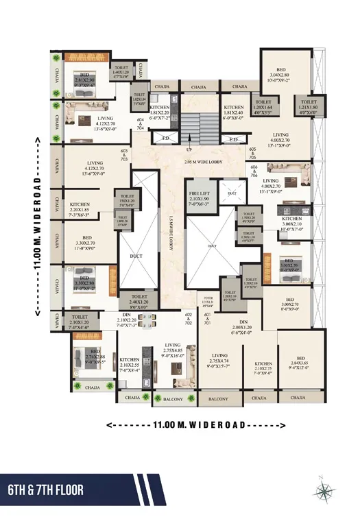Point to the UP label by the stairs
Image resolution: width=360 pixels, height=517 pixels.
click(x=189, y=149)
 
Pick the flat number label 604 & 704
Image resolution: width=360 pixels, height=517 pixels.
click(x=141, y=123)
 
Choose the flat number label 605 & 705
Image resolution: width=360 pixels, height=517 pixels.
click(x=253, y=152)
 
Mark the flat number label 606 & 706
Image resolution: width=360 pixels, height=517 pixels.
click(x=254, y=171)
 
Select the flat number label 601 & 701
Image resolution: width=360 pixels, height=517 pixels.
click(x=207, y=317)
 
